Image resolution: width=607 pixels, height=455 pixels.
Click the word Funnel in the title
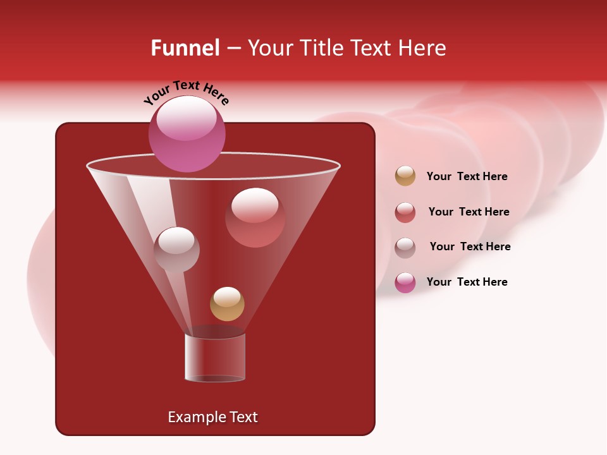[185, 48]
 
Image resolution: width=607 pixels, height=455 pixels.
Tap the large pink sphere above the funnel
[187, 133]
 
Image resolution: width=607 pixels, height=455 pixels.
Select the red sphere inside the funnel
[255, 217]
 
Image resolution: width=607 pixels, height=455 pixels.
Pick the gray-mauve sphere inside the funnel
[176, 249]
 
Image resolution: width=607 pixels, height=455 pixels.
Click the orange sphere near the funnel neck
[227, 304]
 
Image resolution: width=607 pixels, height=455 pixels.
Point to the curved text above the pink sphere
[186, 92]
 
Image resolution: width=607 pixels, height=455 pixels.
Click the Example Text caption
[212, 417]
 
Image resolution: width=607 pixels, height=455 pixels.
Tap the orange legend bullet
[405, 176]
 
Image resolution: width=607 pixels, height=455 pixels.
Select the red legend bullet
[405, 212]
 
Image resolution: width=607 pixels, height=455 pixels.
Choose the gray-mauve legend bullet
[405, 247]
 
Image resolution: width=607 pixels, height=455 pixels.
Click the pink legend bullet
[405, 282]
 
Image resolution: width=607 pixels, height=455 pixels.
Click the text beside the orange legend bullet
[467, 176]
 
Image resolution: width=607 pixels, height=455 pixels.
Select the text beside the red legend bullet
[469, 212]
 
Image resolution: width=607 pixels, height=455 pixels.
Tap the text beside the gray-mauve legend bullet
[470, 246]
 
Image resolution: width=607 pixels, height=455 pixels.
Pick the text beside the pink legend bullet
[467, 282]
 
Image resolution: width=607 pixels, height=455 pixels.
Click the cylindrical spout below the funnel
[215, 358]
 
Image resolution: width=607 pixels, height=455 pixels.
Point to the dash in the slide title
[233, 48]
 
